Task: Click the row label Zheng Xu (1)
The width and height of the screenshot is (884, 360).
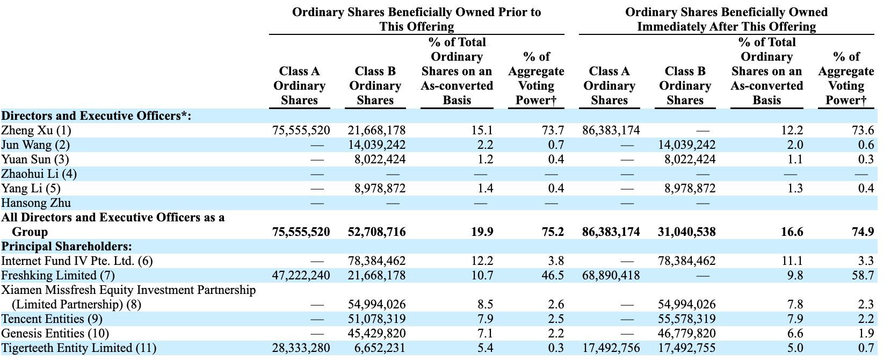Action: (36, 131)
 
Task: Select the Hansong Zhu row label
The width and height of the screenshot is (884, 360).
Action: (36, 203)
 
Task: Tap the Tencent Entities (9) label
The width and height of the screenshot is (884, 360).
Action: (52, 319)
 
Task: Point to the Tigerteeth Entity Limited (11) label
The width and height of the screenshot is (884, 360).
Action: (78, 348)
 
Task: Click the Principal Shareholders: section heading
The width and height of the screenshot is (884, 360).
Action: (67, 247)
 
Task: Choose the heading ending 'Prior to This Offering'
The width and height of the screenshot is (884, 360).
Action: (416, 19)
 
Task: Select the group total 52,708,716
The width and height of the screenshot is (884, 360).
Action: (376, 232)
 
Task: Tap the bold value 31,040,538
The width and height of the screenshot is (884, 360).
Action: (686, 232)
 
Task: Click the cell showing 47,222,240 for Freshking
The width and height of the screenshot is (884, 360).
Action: (301, 276)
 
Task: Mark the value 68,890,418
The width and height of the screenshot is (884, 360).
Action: (611, 276)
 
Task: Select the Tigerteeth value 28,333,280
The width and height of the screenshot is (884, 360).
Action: (301, 348)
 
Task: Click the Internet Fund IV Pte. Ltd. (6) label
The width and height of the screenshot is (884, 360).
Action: (77, 261)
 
